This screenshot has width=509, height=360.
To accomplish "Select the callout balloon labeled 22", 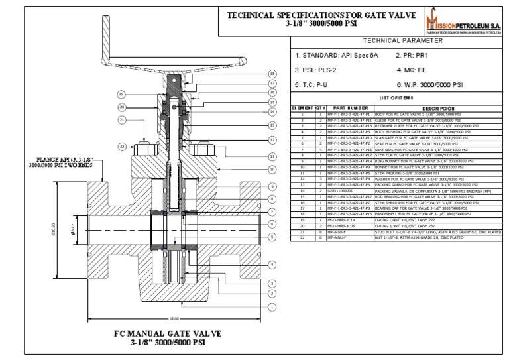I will (x=121, y=146).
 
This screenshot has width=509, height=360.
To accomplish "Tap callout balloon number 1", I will (x=272, y=307).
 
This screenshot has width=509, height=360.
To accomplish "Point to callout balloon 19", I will (x=121, y=94).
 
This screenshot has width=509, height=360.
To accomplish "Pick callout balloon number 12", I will (x=272, y=140).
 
